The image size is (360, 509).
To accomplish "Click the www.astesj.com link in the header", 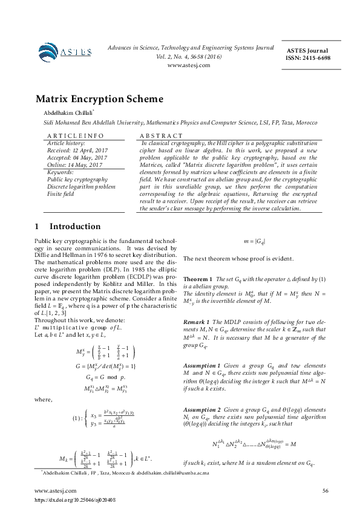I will pos(188,65).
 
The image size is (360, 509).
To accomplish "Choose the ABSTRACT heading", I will pos(161,136).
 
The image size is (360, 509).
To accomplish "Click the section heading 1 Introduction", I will pos(68,226).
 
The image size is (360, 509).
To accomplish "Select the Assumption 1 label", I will pos(202,366).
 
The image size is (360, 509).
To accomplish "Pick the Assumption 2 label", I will pos(202,409).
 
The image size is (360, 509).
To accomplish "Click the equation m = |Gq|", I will pos(254,242).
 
